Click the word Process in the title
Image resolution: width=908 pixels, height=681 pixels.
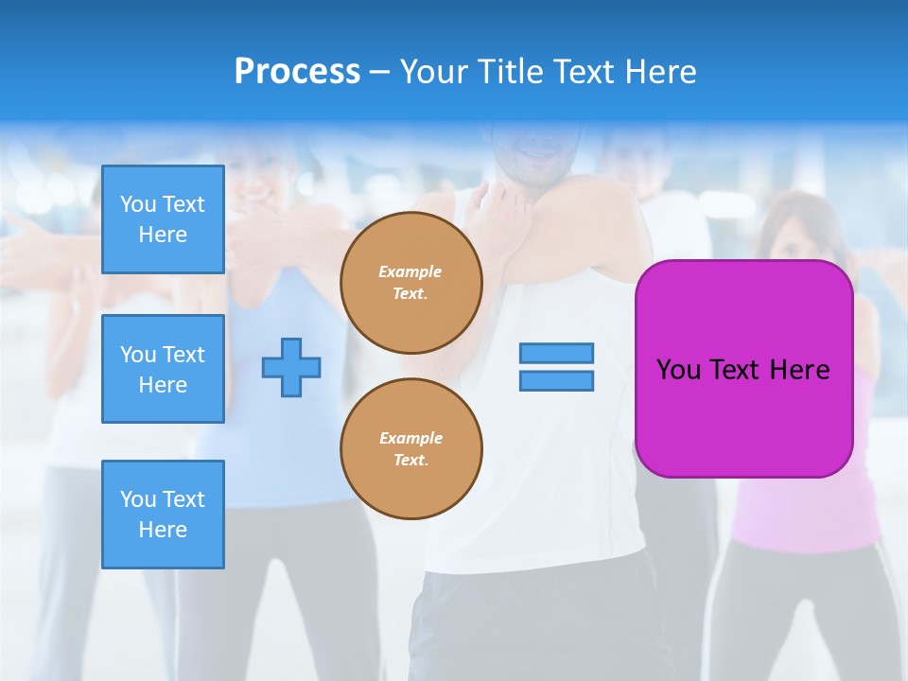point(297,71)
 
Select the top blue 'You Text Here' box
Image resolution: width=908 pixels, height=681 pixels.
point(163,219)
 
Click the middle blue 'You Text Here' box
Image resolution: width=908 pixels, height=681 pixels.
point(163,369)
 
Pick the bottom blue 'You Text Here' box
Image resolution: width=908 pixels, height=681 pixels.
point(163,515)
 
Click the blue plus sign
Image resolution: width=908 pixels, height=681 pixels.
point(291,367)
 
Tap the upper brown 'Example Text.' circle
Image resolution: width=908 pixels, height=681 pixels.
point(411,283)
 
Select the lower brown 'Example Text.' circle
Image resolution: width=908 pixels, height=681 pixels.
point(411,449)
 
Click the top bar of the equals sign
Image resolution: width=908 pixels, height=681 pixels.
point(556,353)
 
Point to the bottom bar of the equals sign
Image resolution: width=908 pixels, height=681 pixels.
point(556,381)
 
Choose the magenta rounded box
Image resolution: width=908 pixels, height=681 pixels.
point(743,416)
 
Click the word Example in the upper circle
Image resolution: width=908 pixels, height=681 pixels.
point(410,271)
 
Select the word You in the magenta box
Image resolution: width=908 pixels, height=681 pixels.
point(678,369)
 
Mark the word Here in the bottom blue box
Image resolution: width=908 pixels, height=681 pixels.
point(163,530)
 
